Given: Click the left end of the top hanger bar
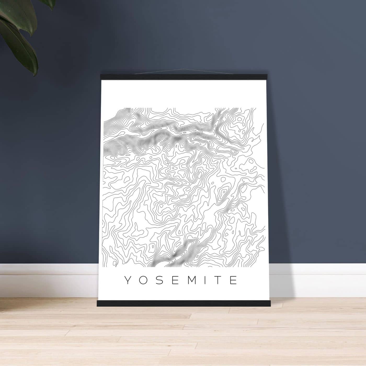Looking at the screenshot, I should pyautogui.click(x=102, y=76).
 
